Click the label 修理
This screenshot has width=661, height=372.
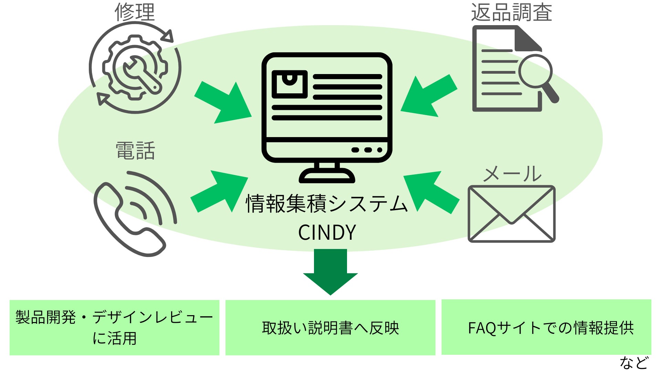(x=135, y=12)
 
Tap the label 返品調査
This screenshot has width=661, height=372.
(x=511, y=12)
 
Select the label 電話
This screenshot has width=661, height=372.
(x=135, y=151)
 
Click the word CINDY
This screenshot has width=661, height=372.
(x=327, y=232)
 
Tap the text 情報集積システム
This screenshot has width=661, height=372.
(x=326, y=204)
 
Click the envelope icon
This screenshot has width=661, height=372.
(x=512, y=214)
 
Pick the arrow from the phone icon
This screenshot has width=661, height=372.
(x=221, y=191)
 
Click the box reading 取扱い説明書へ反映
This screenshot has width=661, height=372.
(x=330, y=328)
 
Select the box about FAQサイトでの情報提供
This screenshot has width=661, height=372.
(x=546, y=327)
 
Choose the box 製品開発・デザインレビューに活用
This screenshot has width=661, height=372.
(x=114, y=327)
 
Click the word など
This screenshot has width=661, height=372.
(x=634, y=363)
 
